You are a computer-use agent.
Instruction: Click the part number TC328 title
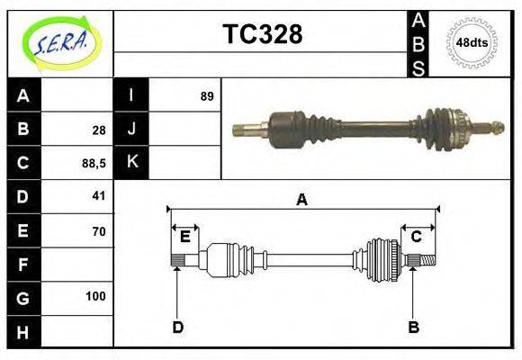tap(262, 34)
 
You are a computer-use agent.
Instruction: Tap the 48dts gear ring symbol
tap(472, 42)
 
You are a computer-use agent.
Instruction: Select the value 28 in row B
tap(98, 130)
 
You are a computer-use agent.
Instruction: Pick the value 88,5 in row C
tap(94, 163)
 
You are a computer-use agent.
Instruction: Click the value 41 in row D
tap(98, 195)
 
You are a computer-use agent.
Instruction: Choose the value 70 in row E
tap(98, 231)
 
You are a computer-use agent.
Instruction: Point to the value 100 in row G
tap(95, 296)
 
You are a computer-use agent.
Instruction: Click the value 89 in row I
tap(206, 96)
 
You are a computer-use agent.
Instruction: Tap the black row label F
tap(22, 265)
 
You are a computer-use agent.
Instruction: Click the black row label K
tap(131, 163)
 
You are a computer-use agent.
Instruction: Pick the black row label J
tap(131, 130)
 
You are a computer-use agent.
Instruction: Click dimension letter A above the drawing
tap(301, 201)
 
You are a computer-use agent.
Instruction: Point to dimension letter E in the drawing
tap(184, 237)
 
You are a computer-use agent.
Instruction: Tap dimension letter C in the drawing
tap(416, 237)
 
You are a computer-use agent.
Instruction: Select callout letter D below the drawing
tap(177, 328)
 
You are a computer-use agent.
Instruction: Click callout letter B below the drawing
tap(413, 328)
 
